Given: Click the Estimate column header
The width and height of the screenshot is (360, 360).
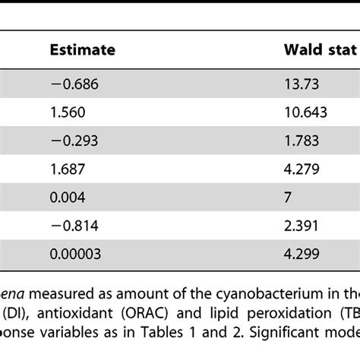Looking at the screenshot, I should tap(82, 50).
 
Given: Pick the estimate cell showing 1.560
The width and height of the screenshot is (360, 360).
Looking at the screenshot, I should tap(65, 112).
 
